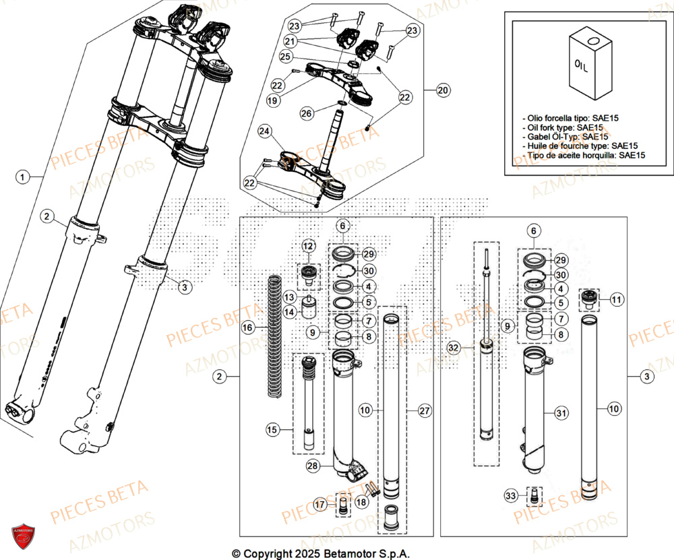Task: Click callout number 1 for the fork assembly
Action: [x=23, y=177]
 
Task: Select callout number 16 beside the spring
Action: [x=248, y=327]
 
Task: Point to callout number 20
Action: [x=442, y=90]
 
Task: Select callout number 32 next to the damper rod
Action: [x=454, y=347]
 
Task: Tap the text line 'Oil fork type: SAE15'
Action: [x=563, y=127]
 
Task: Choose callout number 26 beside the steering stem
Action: [x=307, y=113]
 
